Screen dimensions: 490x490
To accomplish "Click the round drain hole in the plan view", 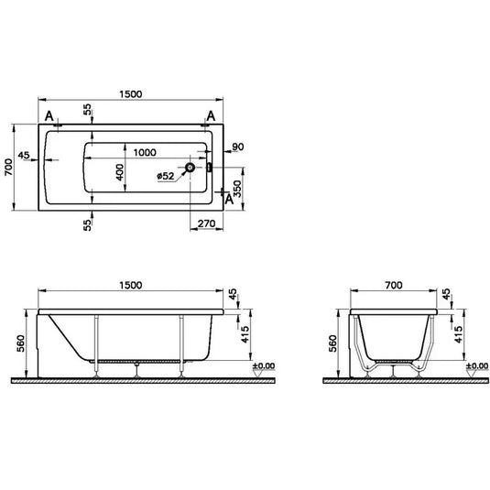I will (190, 168).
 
